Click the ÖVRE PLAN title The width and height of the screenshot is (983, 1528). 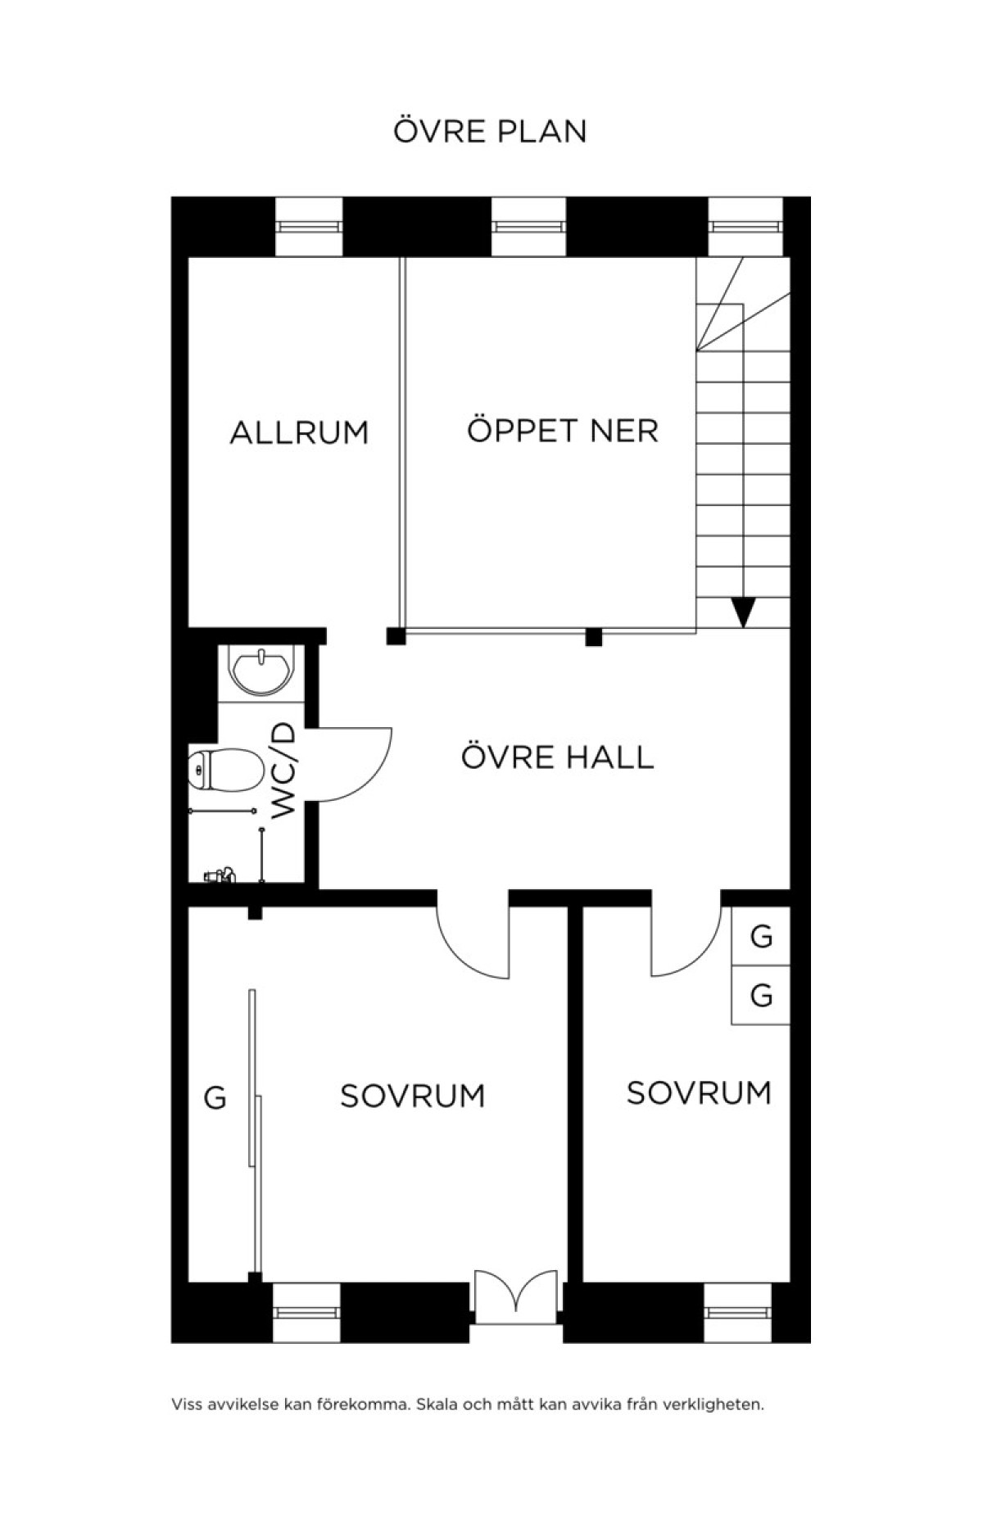tap(490, 131)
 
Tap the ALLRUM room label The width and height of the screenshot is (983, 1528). tap(299, 432)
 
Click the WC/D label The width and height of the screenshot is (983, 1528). tap(283, 770)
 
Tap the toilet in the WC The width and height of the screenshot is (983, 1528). tap(225, 770)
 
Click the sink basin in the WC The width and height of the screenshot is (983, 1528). tap(262, 671)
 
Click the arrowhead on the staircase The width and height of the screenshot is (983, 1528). tap(743, 612)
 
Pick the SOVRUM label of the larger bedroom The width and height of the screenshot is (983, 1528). tap(412, 1096)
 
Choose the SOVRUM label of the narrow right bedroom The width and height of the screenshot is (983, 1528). tap(699, 1092)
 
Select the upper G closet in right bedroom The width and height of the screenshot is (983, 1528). tap(761, 936)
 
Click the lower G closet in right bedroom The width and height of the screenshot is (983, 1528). tap(761, 996)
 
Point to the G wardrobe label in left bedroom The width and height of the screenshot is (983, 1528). tap(215, 1097)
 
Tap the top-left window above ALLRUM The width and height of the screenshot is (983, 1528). tap(308, 227)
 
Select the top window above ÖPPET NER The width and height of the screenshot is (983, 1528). tap(528, 227)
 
